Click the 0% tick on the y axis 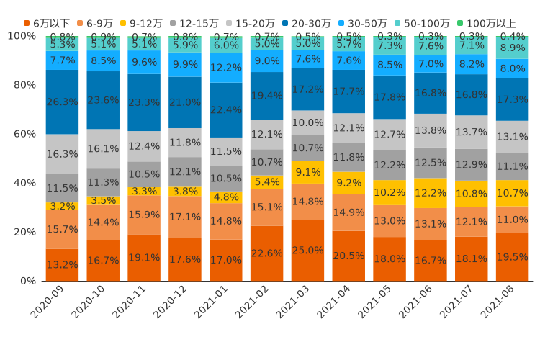point(30,280)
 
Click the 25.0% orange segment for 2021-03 point(308,250)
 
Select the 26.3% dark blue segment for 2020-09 point(62,102)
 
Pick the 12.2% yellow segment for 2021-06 point(431,193)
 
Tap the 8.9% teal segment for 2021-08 point(513,48)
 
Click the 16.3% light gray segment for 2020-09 point(62,154)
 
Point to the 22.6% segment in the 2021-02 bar point(267,253)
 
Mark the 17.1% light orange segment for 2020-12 point(185,217)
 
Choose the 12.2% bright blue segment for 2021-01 point(226,68)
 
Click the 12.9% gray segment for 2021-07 point(472,165)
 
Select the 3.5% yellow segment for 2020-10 point(103,201)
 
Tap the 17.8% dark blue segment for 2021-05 point(390,97)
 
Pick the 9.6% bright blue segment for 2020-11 point(144,63)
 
